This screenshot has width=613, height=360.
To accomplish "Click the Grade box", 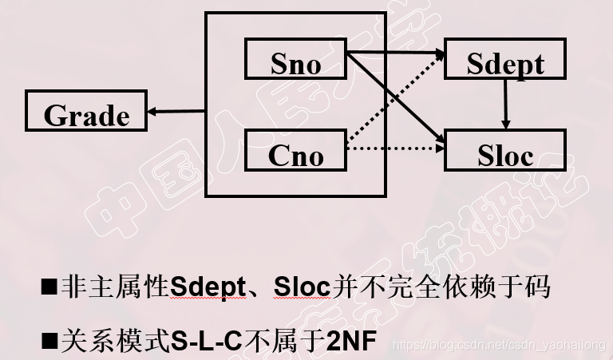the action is pyautogui.click(x=86, y=111).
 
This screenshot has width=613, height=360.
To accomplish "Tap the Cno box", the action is pyautogui.click(x=295, y=151).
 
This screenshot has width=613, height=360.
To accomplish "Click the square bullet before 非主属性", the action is pyautogui.click(x=49, y=287).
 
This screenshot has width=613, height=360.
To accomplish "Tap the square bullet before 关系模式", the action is pyautogui.click(x=49, y=341).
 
